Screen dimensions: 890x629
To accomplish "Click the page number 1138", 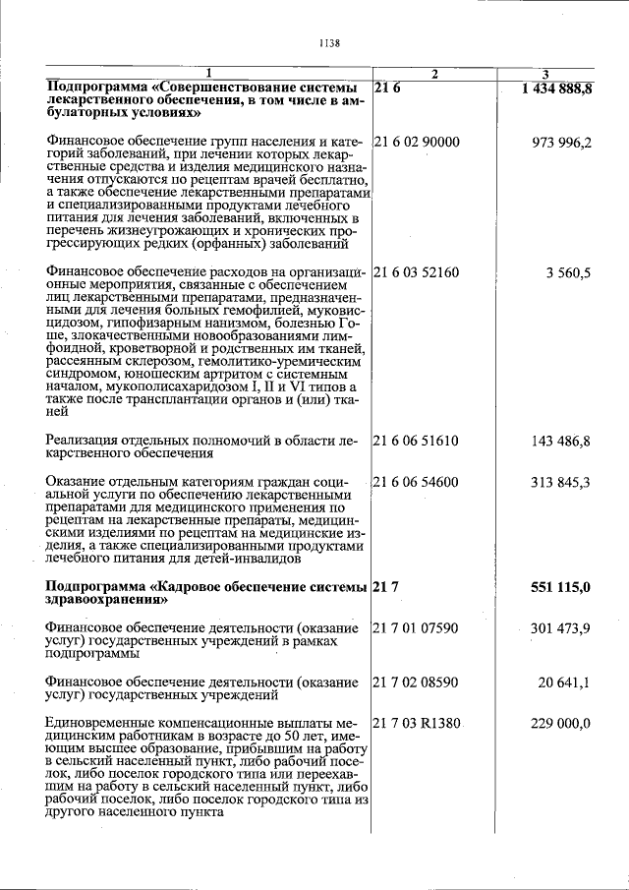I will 329,42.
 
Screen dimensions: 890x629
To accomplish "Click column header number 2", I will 435,75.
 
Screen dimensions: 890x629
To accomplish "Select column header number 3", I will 545,75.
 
